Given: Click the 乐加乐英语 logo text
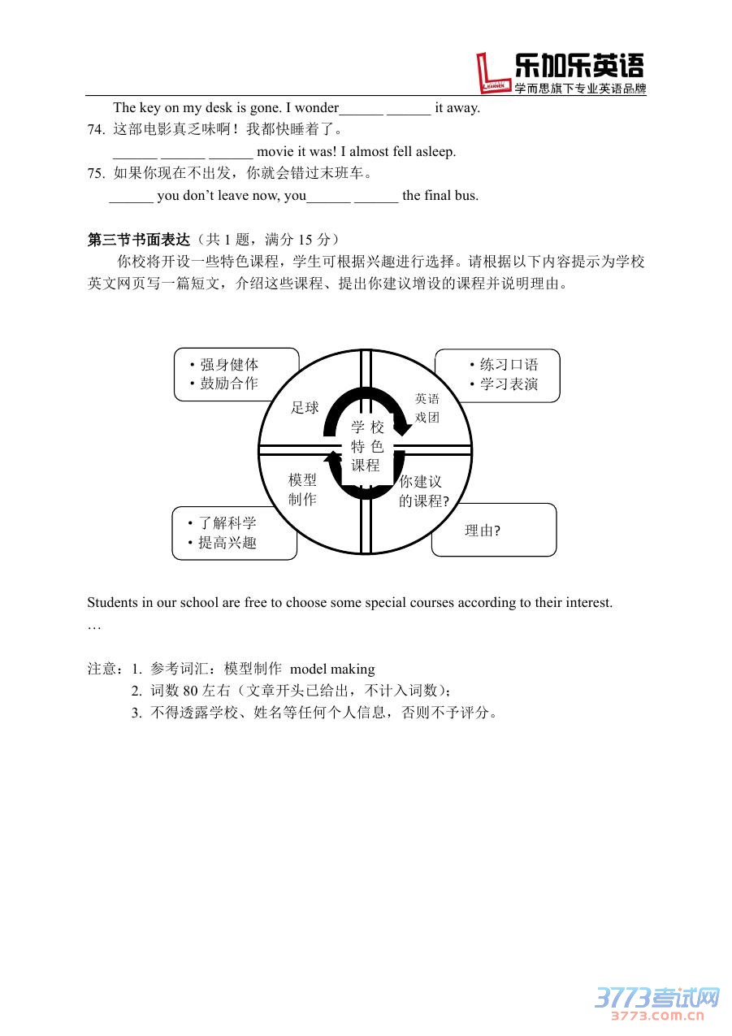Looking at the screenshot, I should coord(578,66).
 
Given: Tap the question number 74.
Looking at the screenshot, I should coord(96,129).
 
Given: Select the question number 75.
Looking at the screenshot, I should coord(96,173).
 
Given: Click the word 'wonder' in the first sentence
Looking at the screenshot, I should coord(317,107).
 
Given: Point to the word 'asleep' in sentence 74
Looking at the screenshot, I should coord(436,151).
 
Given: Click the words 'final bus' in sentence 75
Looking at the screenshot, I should coord(452,195).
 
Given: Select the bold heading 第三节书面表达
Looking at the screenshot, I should coord(138,240).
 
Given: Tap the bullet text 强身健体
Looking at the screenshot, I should coord(229,365).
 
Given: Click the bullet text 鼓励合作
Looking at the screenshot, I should coord(229,384).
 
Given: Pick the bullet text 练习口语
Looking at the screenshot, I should coord(509,365).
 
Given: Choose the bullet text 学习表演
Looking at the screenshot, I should coord(509,384).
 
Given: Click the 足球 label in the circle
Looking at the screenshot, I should coord(305,408).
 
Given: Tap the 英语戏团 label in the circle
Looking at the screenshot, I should coord(427,408).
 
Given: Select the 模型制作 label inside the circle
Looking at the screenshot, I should coord(302,490).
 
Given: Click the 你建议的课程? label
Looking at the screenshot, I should coord(423,492).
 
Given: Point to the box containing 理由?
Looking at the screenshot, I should coord(493,531).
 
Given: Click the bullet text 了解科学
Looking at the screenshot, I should coord(227,523).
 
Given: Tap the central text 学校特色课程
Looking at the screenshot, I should coord(366,446).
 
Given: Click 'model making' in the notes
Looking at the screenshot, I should coord(332,669).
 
